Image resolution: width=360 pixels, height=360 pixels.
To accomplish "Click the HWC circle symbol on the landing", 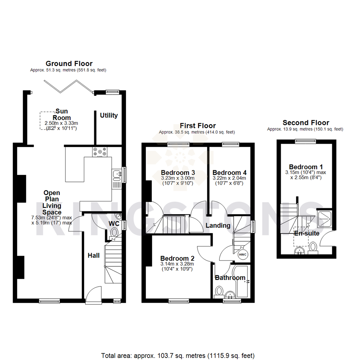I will pyautogui.click(x=242, y=254).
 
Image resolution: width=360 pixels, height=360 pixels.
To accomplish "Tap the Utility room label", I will pyautogui.click(x=109, y=116).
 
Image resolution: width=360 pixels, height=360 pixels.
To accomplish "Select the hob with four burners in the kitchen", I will pyautogui.click(x=100, y=152).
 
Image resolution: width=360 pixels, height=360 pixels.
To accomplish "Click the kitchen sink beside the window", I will pyautogui.click(x=117, y=174).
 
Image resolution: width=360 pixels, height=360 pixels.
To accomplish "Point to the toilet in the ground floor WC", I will pyautogui.click(x=114, y=232).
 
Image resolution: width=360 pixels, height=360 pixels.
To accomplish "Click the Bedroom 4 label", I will pyautogui.click(x=229, y=173).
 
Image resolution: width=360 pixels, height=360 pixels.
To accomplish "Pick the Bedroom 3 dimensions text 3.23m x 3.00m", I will pyautogui.click(x=178, y=178).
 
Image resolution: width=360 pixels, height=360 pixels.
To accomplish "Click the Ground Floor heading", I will pyautogui.click(x=69, y=63).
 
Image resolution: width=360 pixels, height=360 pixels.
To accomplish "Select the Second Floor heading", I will pyautogui.click(x=306, y=123).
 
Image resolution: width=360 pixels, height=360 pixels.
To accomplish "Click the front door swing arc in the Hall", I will pyautogui.click(x=93, y=293).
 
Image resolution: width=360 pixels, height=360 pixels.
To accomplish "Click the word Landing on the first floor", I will pyautogui.click(x=218, y=225).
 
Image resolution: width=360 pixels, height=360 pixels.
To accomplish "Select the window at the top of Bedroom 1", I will pyautogui.click(x=303, y=141).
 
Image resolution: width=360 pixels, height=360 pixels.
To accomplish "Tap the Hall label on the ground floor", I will pyautogui.click(x=94, y=255).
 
